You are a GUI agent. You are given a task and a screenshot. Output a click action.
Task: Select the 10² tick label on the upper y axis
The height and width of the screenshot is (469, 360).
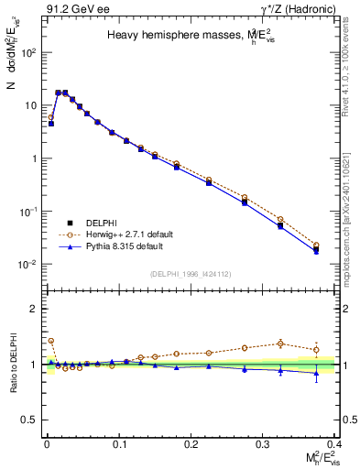click(28, 52)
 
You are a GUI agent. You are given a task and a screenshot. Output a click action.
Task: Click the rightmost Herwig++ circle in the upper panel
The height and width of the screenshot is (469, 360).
click(316, 245)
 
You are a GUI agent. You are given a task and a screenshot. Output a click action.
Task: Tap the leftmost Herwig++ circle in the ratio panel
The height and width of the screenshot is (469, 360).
click(50, 341)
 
